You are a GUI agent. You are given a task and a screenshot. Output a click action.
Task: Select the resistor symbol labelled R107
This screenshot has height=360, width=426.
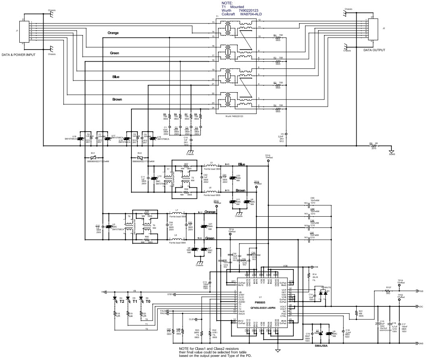[388, 291]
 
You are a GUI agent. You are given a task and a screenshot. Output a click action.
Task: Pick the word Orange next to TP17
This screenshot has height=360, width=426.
[210, 212]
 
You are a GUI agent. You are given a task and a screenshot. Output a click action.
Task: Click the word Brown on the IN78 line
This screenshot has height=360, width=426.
[241, 190]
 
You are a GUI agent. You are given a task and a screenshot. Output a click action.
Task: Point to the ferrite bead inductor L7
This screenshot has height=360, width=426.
[177, 213]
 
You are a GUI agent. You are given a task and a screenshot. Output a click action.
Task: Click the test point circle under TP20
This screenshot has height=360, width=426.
[400, 300]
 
